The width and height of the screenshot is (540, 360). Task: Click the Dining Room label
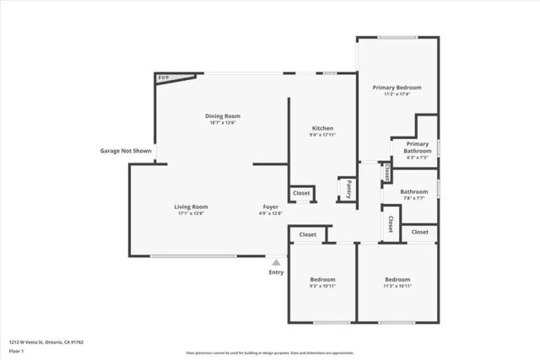coord(223,116)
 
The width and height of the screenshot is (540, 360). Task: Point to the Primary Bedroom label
coord(397,88)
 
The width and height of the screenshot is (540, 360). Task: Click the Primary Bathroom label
coord(417,148)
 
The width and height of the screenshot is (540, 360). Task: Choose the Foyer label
coord(270,207)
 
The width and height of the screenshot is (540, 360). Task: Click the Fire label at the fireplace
coord(164,78)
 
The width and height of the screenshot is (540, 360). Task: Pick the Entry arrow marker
coord(276,263)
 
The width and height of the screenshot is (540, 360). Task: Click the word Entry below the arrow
coord(276,272)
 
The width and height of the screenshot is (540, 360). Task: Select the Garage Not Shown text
coord(124,151)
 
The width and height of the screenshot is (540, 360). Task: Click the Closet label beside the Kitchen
coord(301,193)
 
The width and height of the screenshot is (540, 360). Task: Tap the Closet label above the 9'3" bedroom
coord(307,234)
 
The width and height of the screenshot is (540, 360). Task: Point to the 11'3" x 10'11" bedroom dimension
coord(397,287)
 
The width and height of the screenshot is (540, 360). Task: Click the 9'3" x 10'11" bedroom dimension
coord(322,287)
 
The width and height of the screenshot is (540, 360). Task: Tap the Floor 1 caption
coord(14,350)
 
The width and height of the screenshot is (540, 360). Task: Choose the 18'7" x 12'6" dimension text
coord(223,123)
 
